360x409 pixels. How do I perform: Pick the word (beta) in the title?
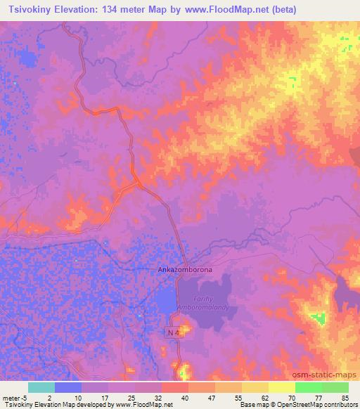click(x=281, y=10)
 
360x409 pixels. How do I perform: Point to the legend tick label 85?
click(x=344, y=397)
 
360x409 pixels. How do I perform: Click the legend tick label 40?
click(x=184, y=397)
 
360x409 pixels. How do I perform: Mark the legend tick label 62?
click(x=264, y=397)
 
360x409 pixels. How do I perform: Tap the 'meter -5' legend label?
click(x=13, y=397)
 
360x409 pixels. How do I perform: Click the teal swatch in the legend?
click(x=41, y=387)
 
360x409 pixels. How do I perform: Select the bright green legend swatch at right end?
click(x=335, y=387)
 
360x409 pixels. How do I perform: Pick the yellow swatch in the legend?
click(x=281, y=387)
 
